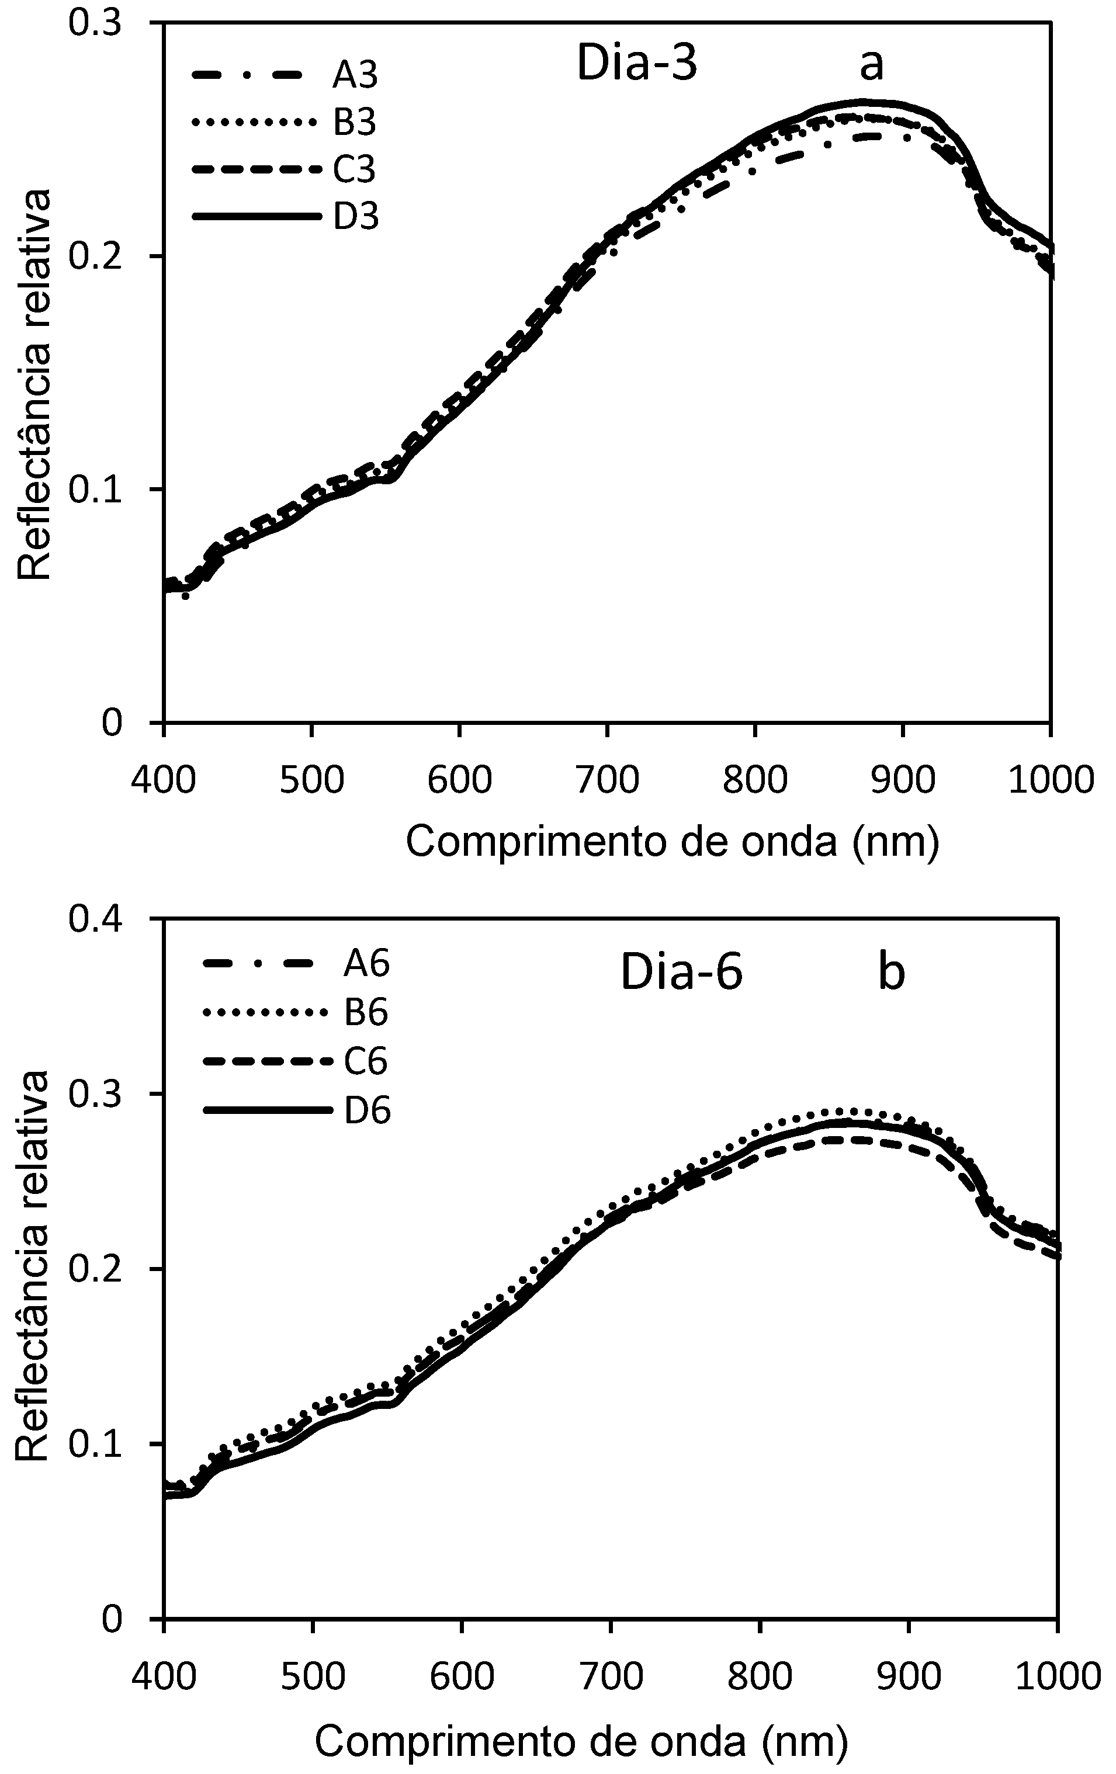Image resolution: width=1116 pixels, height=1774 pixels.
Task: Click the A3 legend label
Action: point(355,75)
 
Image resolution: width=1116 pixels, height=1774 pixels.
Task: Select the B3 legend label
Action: point(355,122)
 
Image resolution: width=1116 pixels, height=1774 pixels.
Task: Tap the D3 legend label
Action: point(356,217)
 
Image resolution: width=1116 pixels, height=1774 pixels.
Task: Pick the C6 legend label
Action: point(366,1061)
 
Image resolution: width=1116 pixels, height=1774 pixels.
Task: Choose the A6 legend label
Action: point(366,964)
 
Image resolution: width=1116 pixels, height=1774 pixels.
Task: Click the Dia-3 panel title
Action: point(636,63)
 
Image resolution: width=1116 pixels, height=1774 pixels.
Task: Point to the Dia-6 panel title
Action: point(681,973)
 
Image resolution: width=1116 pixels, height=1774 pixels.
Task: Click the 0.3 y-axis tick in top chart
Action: point(94,23)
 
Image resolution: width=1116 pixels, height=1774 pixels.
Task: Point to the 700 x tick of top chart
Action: point(606,779)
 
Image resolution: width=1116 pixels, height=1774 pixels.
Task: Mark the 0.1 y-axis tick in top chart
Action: point(94,489)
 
